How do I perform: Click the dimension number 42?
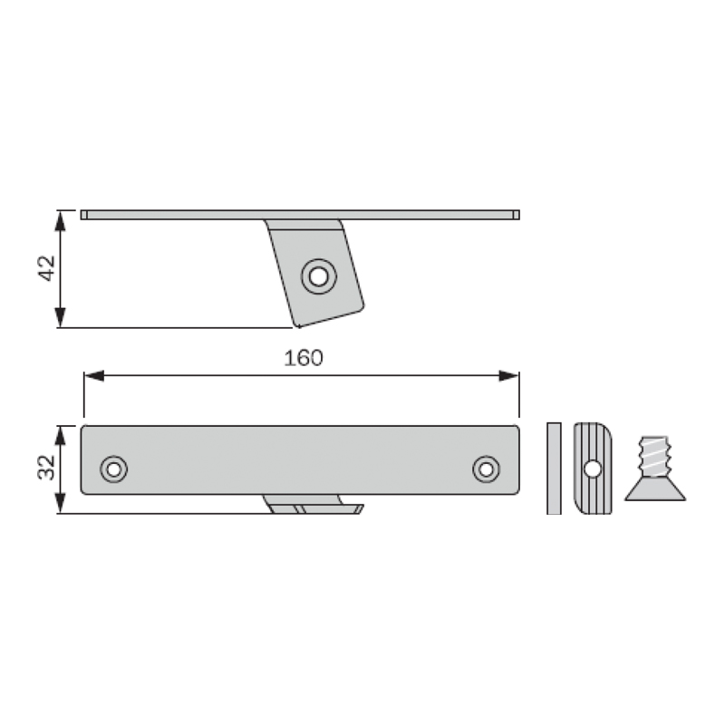(46, 268)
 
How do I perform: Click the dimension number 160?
(304, 358)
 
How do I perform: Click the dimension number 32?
(46, 468)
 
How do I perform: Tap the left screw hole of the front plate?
(114, 469)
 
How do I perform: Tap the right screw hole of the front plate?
(486, 469)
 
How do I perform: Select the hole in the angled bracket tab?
(319, 276)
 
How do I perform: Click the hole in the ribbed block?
(593, 469)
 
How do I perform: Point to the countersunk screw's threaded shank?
(654, 457)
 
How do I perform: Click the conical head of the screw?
(655, 489)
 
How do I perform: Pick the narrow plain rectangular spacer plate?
(554, 468)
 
